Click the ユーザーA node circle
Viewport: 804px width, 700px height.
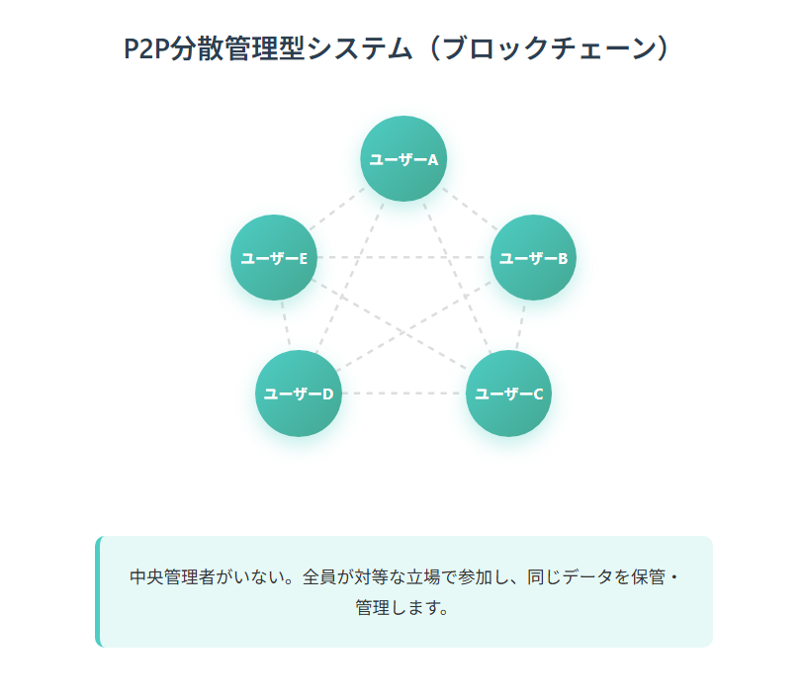pos(402,158)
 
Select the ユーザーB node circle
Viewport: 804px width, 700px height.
pos(533,258)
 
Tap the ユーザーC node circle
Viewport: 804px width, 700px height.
pos(508,394)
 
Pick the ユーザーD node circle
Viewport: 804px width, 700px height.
pos(298,394)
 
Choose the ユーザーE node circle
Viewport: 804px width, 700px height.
pos(273,258)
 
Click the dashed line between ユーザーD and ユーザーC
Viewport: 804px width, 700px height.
pos(403,394)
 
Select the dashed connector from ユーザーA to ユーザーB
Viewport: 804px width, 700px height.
pos(469,209)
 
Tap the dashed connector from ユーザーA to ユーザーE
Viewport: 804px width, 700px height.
pos(337,209)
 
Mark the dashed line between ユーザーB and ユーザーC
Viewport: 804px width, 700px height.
pos(521,325)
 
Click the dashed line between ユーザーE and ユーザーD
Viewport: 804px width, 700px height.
pos(285,325)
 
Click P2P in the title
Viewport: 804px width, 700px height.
pos(146,48)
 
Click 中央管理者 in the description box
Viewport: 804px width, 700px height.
pos(173,577)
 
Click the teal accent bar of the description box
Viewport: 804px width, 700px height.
pos(98,591)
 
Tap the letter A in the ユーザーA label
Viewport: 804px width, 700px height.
pos(432,159)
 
